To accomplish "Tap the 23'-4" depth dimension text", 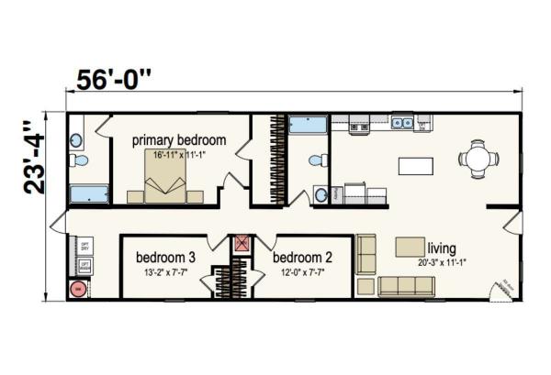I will point(34,157).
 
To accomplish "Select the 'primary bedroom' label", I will point(179,140).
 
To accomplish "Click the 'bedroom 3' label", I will point(165,257).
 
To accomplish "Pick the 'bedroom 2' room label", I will point(302,257).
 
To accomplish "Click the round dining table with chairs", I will point(478,159).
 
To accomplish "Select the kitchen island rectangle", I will point(417,166).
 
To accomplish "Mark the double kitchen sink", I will point(402,122).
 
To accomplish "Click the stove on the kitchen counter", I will point(354,123).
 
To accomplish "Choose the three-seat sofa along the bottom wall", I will point(406,286).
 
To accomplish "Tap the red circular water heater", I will point(78,288).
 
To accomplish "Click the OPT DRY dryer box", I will point(84,247).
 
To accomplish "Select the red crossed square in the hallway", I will point(242,244).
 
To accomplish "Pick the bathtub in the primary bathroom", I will point(90,194).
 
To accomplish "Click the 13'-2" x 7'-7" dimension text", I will point(164,272).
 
